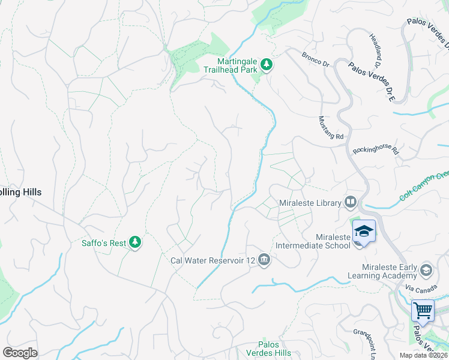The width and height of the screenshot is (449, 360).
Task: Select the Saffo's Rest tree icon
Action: [136, 242]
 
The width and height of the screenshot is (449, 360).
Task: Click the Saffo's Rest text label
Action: [103, 243]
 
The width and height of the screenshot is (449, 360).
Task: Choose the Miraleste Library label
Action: [310, 203]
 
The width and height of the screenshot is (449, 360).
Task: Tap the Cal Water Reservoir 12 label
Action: [214, 260]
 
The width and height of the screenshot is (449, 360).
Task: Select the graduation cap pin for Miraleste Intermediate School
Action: [364, 231]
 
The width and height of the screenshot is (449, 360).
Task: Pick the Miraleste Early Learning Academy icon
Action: [426, 269]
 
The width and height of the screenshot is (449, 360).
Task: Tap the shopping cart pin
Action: [423, 311]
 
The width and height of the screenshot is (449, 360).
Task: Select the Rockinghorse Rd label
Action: [376, 148]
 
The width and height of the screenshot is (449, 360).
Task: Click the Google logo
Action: [20, 352]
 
